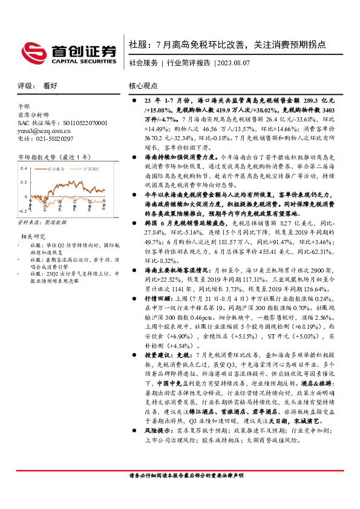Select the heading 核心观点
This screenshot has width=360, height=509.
point(143,86)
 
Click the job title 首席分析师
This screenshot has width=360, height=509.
point(31,115)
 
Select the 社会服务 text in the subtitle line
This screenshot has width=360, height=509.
point(144,63)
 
